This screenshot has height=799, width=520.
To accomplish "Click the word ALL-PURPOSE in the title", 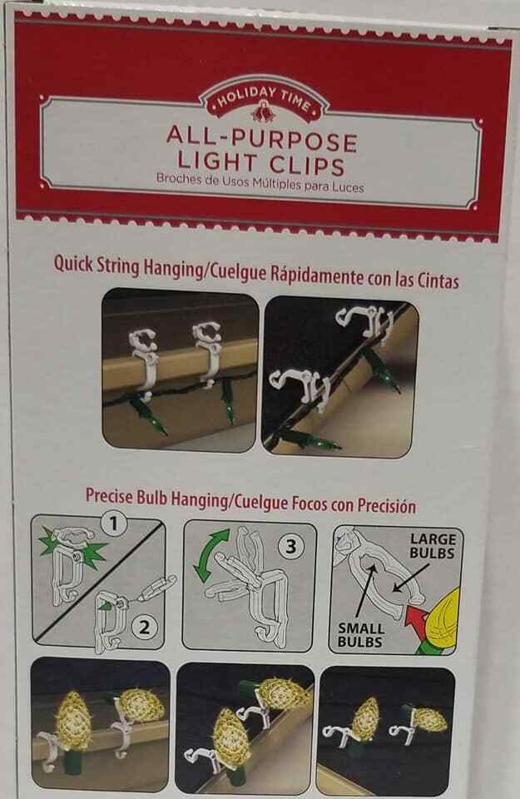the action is coord(261,139).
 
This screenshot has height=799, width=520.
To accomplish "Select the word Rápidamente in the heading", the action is coord(316,275).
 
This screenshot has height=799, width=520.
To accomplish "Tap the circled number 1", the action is coord(114,524).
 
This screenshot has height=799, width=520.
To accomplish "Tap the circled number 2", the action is coord(145,626).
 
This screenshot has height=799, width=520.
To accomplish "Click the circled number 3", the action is coord(291,546).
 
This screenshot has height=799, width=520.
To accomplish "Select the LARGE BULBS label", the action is coord(433,546).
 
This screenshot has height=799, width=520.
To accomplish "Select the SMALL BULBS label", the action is coord(360,635).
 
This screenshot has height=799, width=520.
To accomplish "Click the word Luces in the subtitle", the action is coord(349,187).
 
